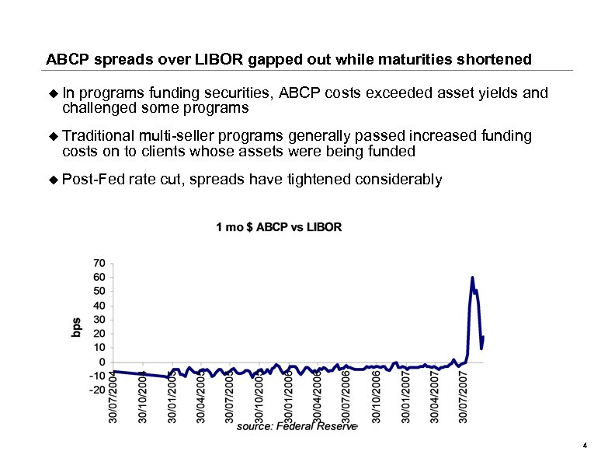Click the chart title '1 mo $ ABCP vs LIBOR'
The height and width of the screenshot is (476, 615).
point(278,227)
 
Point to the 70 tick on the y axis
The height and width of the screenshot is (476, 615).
point(100,263)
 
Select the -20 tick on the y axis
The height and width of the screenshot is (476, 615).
point(98,390)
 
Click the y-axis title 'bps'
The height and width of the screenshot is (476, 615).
point(77,327)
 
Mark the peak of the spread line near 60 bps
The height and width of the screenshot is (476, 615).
point(472,278)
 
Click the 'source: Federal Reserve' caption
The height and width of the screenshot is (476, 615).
point(296,426)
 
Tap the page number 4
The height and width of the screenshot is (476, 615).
point(583,445)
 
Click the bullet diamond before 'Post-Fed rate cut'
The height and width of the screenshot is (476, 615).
point(54,180)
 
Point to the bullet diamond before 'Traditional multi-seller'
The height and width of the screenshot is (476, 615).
point(54,137)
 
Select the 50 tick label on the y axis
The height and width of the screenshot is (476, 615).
point(100,291)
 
